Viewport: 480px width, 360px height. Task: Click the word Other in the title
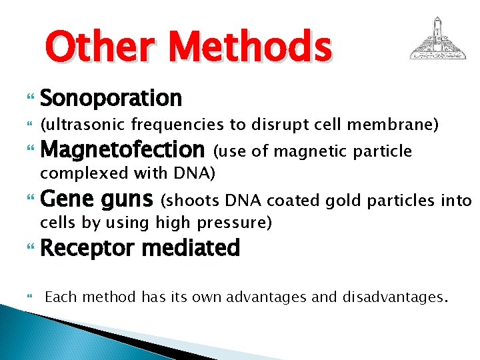coord(96,47)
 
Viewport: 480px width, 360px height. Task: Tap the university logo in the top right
coord(437,39)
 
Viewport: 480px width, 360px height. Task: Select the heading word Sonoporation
coord(111,99)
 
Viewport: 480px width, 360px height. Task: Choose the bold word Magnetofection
coord(122,150)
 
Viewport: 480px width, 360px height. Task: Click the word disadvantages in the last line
coord(392,297)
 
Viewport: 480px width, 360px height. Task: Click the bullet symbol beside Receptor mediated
coord(28,249)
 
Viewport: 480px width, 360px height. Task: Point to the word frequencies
coord(174,125)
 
